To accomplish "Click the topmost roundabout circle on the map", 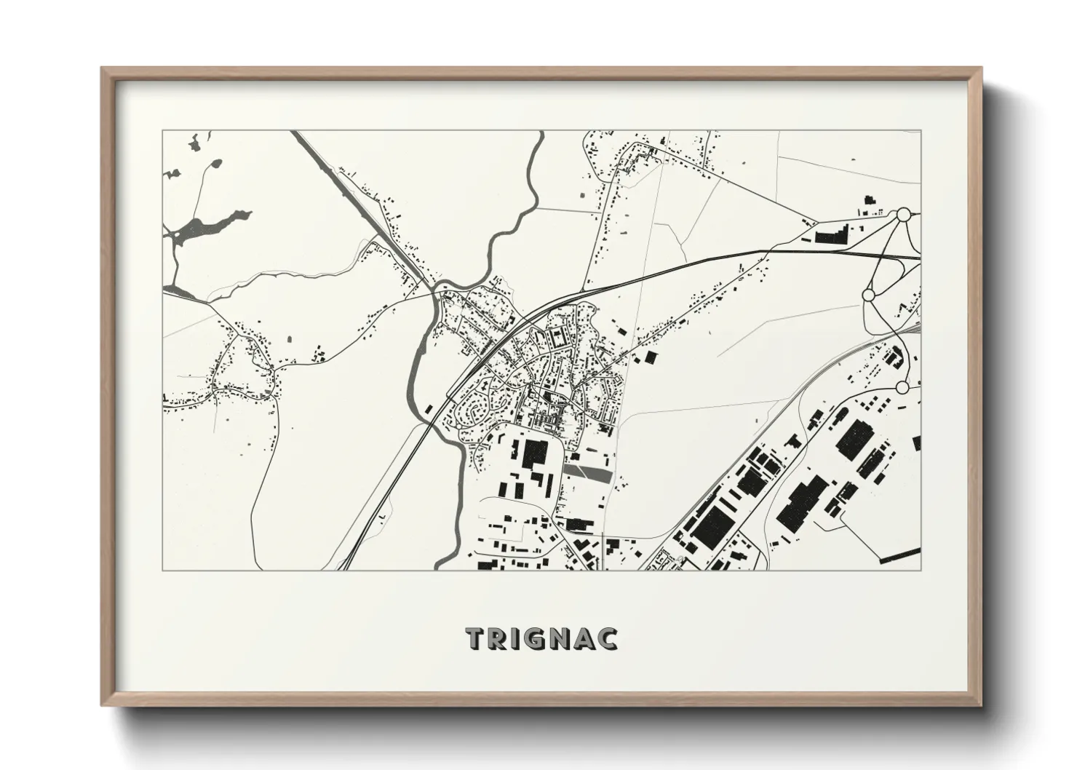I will click(903, 215).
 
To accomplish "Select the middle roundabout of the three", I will click(867, 295).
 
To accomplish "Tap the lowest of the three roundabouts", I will click(902, 387).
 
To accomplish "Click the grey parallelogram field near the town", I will click(588, 472).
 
